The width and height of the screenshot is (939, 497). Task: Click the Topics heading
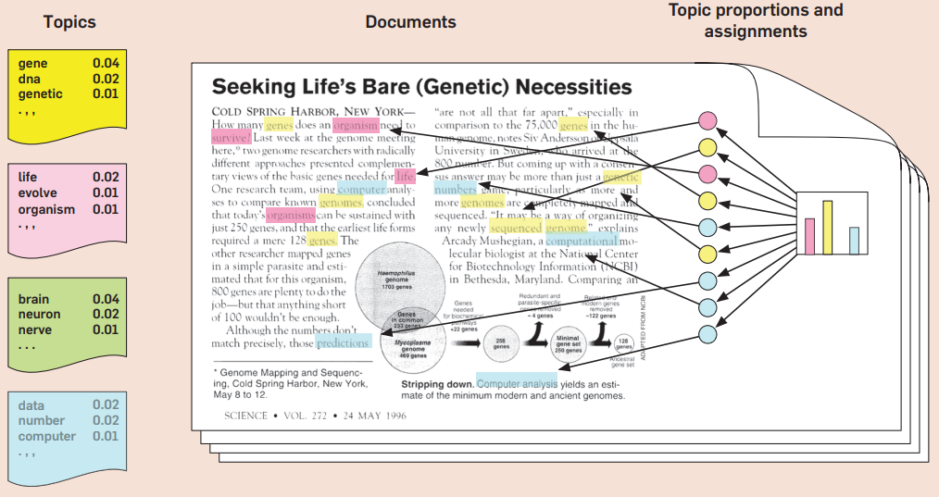[x=69, y=21]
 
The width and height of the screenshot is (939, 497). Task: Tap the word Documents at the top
[x=410, y=21]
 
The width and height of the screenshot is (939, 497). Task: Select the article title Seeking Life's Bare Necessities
[x=421, y=88]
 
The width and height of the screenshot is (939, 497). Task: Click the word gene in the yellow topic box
[x=32, y=63]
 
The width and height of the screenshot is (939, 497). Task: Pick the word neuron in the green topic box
[x=39, y=315]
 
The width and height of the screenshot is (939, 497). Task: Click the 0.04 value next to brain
[x=105, y=299]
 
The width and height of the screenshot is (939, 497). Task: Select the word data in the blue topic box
[x=32, y=405]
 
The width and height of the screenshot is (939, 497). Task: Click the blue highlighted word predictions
[x=343, y=342]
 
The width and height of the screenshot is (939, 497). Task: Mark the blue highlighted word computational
[x=582, y=240]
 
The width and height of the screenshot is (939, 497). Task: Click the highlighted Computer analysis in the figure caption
[x=517, y=383]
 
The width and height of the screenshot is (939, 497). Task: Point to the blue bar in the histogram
[x=854, y=240]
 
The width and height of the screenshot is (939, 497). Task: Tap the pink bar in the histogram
[x=808, y=235]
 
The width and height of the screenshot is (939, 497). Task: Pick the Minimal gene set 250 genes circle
[x=570, y=345]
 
